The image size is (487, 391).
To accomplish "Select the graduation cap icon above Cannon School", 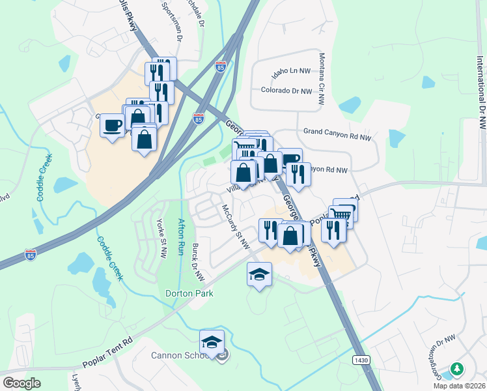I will pyautogui.click(x=212, y=342).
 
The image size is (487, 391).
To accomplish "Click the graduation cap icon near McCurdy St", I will pyautogui.click(x=259, y=274).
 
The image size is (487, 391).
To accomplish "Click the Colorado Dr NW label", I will pyautogui.click(x=286, y=91).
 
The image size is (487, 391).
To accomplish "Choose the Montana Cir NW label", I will pyautogui.click(x=321, y=80).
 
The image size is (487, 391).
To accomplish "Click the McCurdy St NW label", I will pyautogui.click(x=236, y=227).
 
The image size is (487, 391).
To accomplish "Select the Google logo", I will pyautogui.click(x=21, y=383).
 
